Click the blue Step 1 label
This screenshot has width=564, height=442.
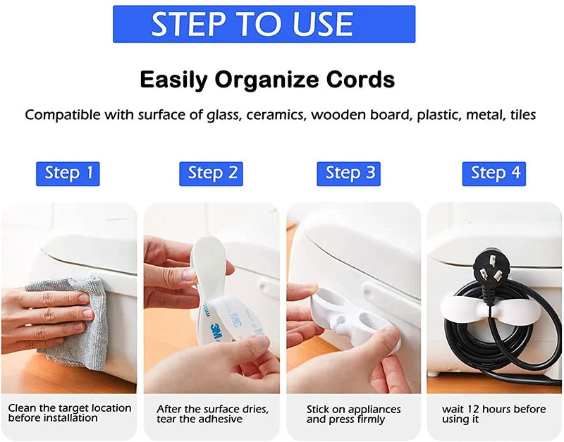(68, 173)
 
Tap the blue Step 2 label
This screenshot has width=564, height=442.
(211, 173)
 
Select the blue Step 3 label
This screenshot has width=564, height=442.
(348, 173)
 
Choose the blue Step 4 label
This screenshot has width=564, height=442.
(494, 173)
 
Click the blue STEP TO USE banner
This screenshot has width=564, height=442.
(264, 24)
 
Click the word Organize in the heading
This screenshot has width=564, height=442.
(266, 80)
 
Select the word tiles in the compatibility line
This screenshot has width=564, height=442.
(523, 115)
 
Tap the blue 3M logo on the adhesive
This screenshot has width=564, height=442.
(218, 331)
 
